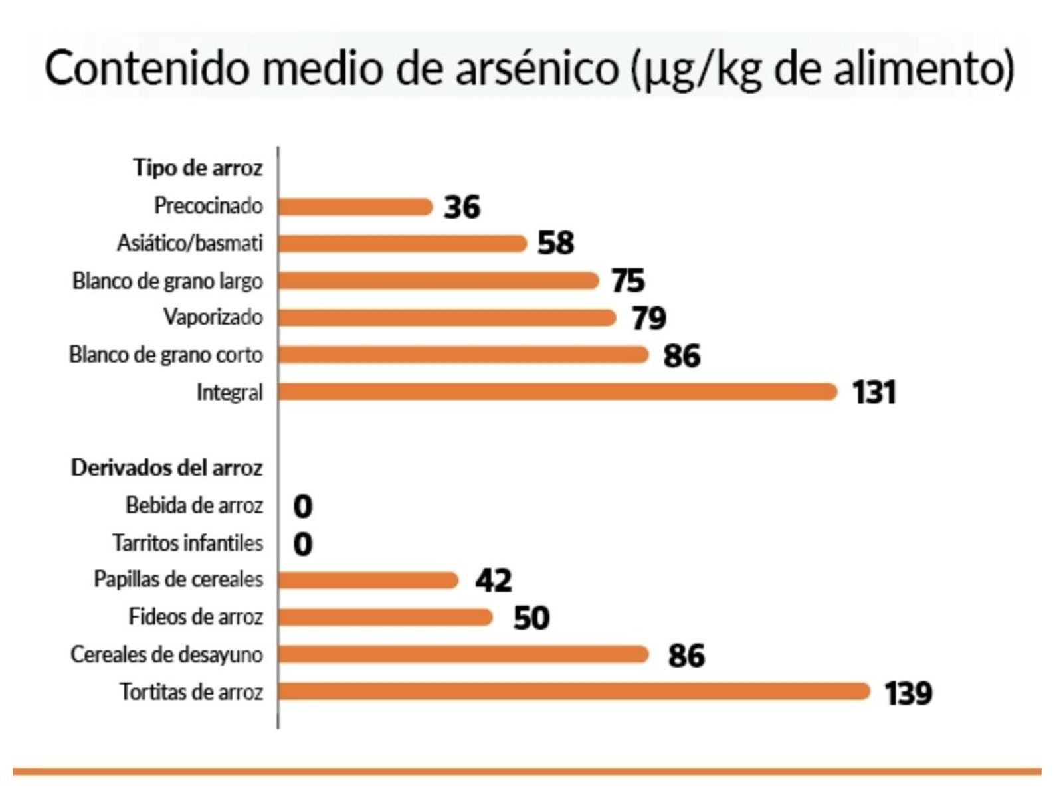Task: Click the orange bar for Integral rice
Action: click(x=557, y=392)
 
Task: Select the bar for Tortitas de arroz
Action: click(x=573, y=691)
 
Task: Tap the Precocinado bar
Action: click(x=355, y=207)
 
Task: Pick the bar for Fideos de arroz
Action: click(x=385, y=617)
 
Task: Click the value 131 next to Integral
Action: click(x=874, y=392)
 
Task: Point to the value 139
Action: click(x=908, y=693)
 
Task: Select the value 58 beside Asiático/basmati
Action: click(x=556, y=243)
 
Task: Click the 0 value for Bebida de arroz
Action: click(x=302, y=507)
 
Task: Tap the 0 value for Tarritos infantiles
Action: click(x=302, y=544)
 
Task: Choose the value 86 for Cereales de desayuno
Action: click(x=686, y=656)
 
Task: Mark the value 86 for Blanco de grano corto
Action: click(x=682, y=355)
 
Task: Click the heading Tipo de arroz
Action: click(x=197, y=167)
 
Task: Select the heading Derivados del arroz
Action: click(x=167, y=468)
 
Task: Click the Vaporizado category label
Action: click(x=213, y=317)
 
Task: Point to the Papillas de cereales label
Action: click(x=178, y=579)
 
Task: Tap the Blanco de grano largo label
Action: click(x=167, y=280)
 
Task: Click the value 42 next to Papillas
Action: click(x=493, y=581)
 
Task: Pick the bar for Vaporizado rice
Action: click(x=446, y=317)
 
